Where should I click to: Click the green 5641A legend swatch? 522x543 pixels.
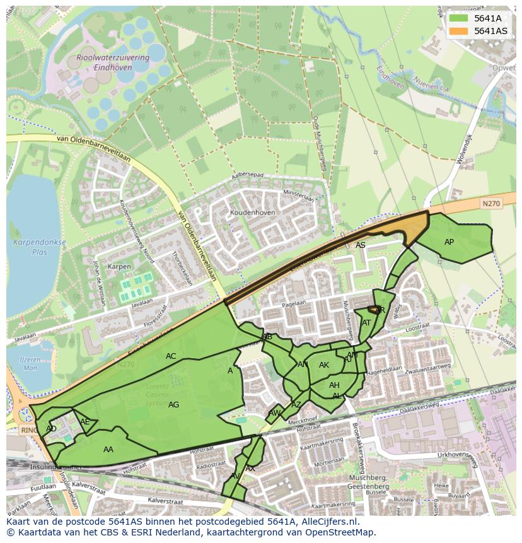(x=458, y=18)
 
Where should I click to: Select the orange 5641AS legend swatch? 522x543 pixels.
(x=458, y=31)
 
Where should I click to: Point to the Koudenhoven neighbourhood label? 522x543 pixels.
(x=253, y=213)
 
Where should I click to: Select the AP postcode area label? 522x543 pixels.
(x=449, y=242)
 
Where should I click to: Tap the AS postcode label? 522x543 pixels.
(x=360, y=245)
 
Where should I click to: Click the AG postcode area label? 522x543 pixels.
(x=174, y=405)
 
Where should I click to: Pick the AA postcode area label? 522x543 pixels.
(x=108, y=450)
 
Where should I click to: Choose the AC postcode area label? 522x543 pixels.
(x=171, y=356)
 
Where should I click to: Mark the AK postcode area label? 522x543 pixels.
(x=324, y=365)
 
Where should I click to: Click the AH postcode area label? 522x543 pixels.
(x=334, y=385)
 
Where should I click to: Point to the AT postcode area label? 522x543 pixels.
(x=366, y=323)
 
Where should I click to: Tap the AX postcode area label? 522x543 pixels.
(x=250, y=469)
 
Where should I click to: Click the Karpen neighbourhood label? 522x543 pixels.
(x=119, y=267)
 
